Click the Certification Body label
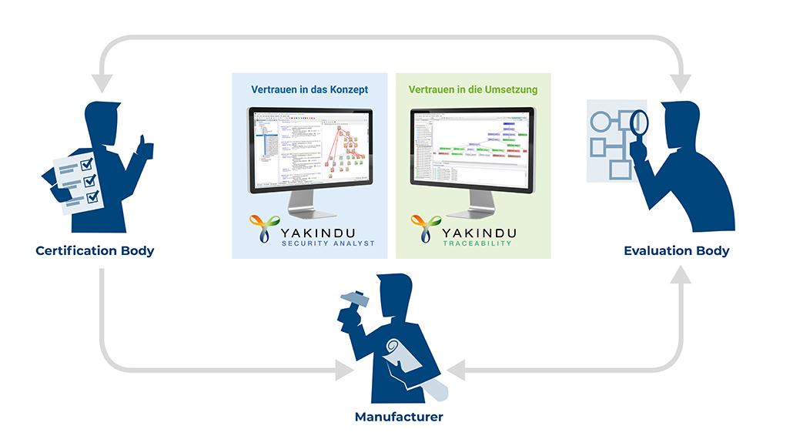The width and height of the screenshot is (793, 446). point(95,250)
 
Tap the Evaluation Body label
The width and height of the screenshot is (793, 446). point(676,250)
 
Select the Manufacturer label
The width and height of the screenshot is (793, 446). point(398,417)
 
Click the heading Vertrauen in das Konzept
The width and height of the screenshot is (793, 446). point(310,89)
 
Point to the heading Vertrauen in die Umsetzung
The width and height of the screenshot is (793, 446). point(473,89)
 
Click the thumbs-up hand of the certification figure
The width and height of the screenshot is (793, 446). point(142,145)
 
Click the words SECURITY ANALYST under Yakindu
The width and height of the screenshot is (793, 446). point(328,243)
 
